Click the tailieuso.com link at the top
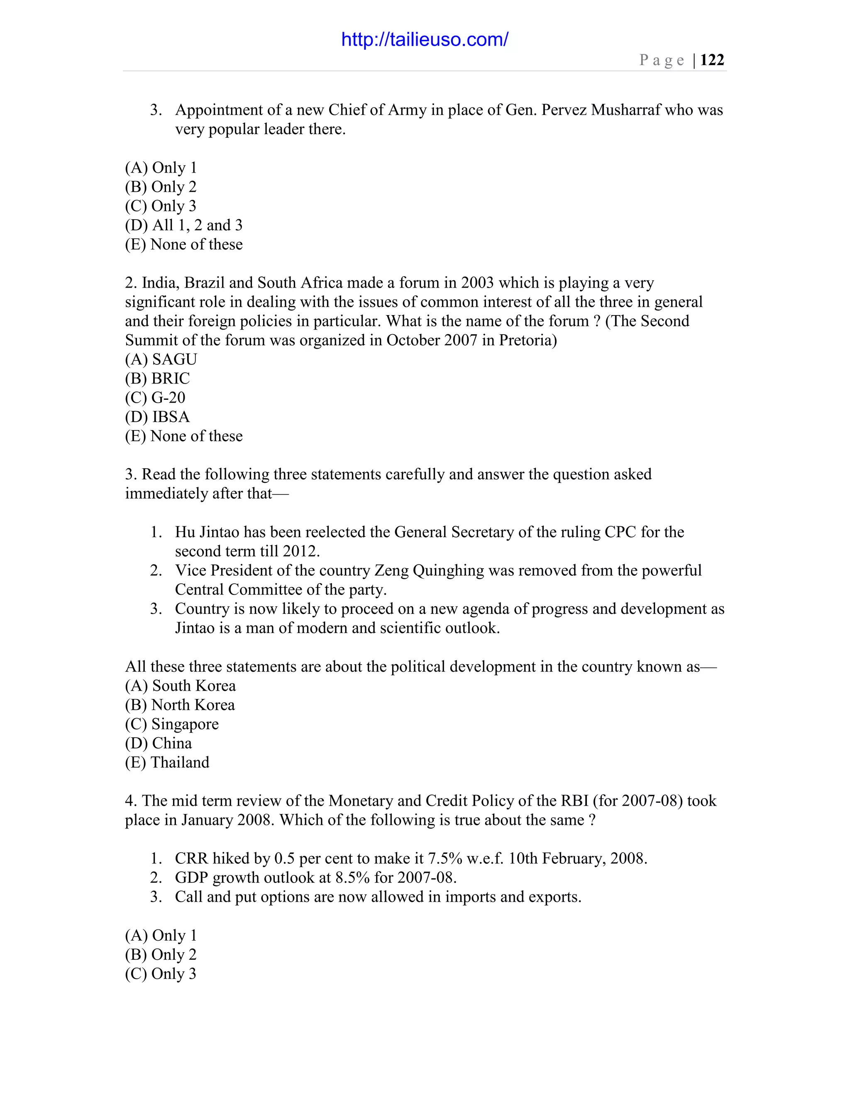[x=425, y=39]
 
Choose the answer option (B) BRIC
[x=157, y=378]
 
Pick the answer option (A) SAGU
[x=161, y=359]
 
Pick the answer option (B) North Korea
[x=179, y=705]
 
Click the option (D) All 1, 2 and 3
[x=183, y=225]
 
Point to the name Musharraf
[x=625, y=110]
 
